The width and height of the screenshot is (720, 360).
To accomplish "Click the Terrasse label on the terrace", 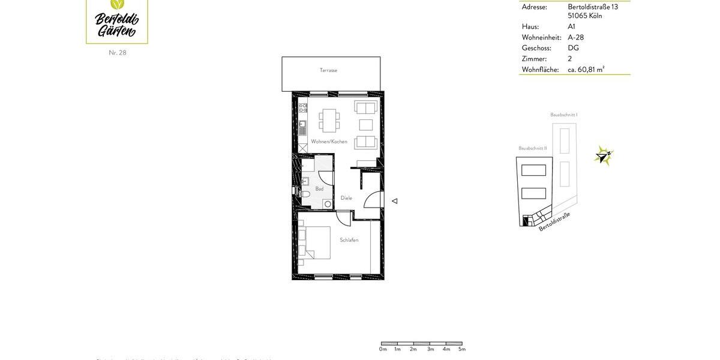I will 328,70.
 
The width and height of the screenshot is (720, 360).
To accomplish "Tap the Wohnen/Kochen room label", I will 329,142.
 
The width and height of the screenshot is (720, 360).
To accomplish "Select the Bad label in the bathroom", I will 319,189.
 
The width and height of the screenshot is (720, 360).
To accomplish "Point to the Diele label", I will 346,198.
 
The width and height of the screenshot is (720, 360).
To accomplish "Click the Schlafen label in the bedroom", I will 349,240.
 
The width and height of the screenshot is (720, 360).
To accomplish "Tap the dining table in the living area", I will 329,120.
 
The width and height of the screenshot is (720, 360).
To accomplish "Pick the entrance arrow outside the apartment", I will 394,201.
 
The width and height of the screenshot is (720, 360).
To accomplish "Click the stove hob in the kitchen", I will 303,109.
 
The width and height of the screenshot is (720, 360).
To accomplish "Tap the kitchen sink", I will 303,128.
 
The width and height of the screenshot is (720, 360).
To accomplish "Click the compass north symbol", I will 603,155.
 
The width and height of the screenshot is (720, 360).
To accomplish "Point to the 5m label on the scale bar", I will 462,349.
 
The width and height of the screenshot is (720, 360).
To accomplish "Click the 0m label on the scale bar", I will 383,349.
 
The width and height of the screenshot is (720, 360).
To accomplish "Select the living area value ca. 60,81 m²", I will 586,70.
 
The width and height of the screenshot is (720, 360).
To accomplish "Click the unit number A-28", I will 575,37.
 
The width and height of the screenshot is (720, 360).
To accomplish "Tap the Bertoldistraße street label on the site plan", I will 554,221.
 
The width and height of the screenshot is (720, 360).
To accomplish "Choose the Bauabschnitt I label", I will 563,115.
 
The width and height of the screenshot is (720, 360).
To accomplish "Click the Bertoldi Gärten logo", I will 117,21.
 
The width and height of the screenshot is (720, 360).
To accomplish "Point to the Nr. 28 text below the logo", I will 118,53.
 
